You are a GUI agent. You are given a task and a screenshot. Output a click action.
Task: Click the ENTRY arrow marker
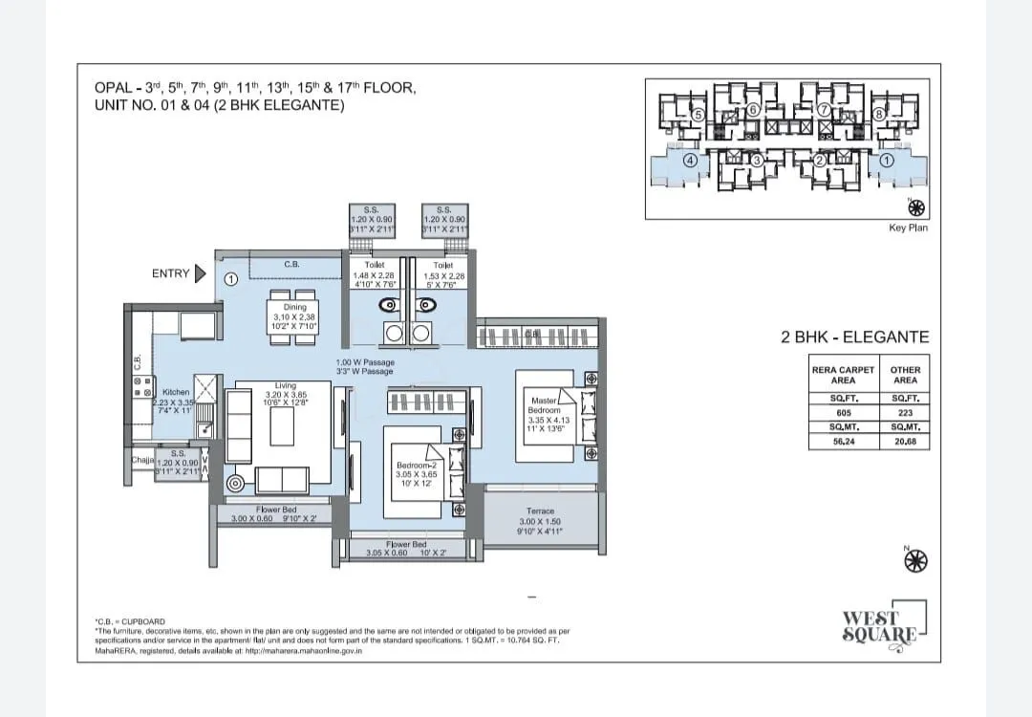point(200,274)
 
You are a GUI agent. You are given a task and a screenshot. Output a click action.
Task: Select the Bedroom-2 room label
point(416,466)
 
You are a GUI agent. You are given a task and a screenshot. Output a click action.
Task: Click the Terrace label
point(540,511)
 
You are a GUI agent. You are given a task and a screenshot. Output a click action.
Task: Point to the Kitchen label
point(176,392)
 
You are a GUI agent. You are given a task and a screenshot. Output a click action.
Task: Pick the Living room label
point(285,385)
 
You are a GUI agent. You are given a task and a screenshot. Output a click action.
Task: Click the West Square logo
point(880,626)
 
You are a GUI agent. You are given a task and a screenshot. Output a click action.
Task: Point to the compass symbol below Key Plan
point(916,206)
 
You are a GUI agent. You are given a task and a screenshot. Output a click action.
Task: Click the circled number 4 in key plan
point(689,162)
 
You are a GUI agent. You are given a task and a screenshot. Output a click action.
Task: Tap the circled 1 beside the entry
point(231,280)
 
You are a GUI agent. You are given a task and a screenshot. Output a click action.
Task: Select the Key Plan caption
point(909,228)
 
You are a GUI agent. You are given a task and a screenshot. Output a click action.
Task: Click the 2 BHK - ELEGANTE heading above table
point(854,337)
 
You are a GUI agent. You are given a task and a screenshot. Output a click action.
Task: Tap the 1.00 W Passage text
point(365,363)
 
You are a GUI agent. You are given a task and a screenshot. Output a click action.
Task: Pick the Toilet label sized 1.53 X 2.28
point(442,265)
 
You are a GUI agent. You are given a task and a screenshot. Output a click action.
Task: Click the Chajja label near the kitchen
point(141,460)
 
